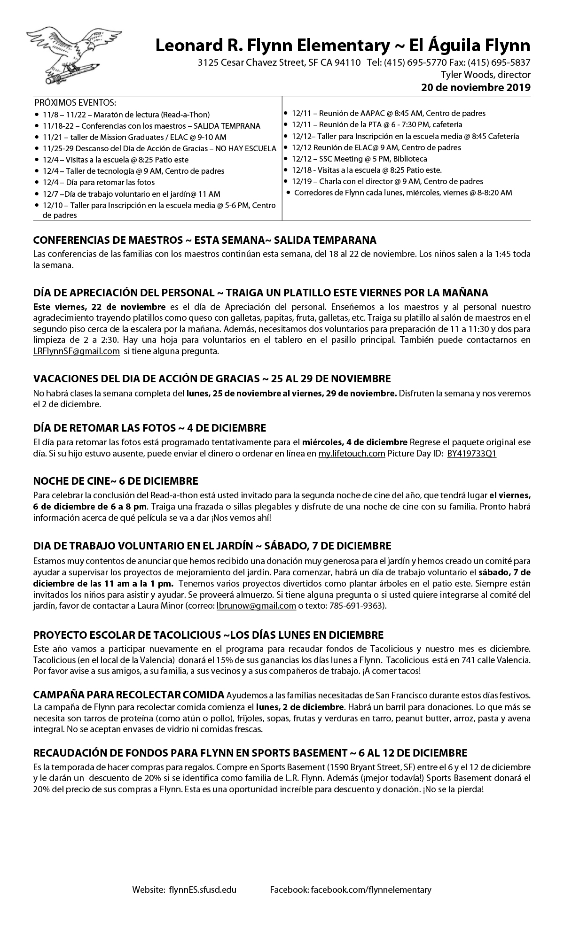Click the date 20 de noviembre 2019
click(476, 87)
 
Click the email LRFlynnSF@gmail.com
click(77, 351)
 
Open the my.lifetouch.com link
click(352, 454)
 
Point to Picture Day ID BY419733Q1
click(471, 454)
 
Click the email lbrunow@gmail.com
click(256, 606)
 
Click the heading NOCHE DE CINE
click(116, 481)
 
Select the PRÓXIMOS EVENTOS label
click(75, 103)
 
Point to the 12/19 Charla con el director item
click(387, 181)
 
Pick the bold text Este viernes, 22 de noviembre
click(99, 307)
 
